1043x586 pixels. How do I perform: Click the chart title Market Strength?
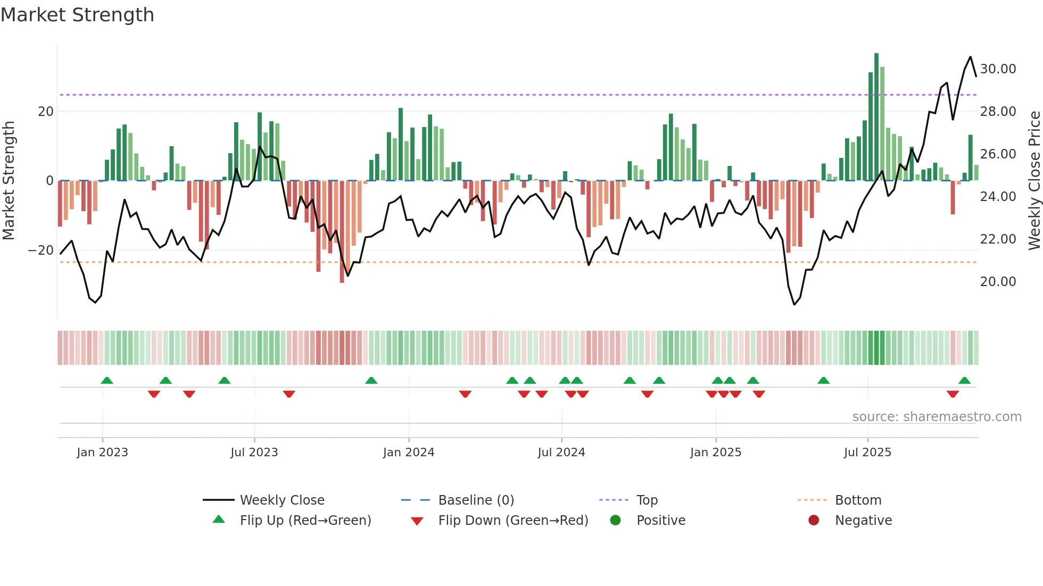77,15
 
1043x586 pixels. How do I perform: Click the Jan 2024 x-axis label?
408,452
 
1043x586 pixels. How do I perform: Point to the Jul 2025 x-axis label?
867,452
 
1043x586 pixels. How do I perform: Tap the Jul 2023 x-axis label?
254,452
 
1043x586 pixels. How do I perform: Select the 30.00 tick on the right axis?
998,69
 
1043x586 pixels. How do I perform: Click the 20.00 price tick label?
998,282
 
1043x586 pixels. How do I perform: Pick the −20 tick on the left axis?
41,250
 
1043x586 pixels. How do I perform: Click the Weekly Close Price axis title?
1034,181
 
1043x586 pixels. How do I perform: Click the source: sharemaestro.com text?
937,417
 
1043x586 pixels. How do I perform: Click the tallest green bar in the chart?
876,117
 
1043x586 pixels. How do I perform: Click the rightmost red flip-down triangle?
953,394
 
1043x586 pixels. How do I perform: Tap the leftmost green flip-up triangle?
107,380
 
